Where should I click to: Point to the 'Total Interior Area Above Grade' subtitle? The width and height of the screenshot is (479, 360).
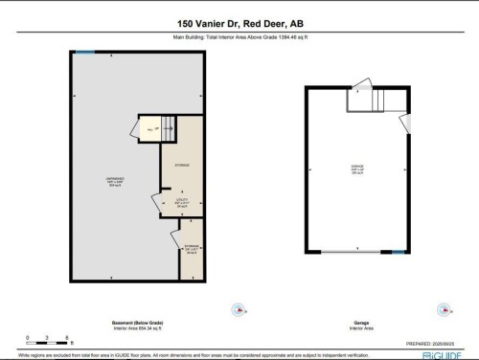[x=239, y=39]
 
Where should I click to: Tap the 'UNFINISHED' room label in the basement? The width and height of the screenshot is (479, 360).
[x=114, y=182]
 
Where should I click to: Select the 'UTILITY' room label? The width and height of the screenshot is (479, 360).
[x=182, y=203]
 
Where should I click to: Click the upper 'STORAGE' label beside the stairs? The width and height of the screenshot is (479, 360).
[x=181, y=166]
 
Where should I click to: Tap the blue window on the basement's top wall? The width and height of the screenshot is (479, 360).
[x=86, y=52]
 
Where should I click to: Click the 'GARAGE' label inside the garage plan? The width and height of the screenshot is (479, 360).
[x=357, y=169]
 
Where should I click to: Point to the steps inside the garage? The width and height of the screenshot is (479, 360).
[x=376, y=100]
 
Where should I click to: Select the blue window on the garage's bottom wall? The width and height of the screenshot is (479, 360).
[x=396, y=252]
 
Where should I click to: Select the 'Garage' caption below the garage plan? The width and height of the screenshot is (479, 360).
[x=356, y=323]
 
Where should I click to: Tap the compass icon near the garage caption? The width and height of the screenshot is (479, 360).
[x=443, y=309]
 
